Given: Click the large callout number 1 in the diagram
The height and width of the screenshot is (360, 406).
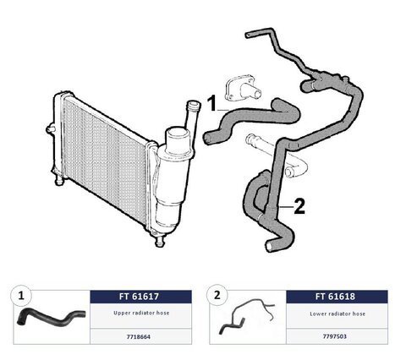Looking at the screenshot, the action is (212, 103).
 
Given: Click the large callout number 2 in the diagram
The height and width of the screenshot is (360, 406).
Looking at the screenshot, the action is (299, 206).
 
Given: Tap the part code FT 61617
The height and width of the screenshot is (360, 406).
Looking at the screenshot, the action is (139, 297).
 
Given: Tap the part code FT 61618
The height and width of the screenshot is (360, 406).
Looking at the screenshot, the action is (335, 297).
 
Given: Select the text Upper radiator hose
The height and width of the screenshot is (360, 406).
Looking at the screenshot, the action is (141, 313).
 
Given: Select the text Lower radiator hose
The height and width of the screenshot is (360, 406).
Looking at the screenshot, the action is (337, 314).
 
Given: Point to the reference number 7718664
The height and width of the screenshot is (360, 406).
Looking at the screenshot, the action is (139, 336).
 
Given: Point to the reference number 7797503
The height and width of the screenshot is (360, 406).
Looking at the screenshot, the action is (335, 336).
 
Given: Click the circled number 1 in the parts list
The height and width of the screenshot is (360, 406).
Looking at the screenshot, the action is (21, 296).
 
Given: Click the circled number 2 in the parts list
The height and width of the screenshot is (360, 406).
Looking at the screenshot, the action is (217, 296).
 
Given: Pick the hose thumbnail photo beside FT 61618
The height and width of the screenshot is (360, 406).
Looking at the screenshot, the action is (246, 316).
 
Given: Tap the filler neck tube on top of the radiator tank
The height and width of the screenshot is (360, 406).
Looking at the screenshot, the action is (192, 116).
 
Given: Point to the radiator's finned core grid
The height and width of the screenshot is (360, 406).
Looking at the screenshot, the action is (104, 158).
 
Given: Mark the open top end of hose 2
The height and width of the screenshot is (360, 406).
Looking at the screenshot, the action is (248, 35).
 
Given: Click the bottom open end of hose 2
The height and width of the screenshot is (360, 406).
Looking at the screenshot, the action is (269, 247).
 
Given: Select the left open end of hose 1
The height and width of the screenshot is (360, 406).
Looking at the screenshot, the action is (207, 139).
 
